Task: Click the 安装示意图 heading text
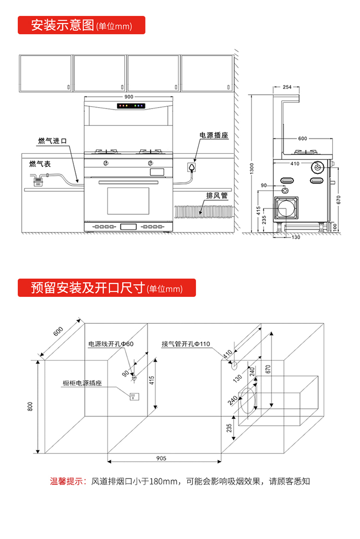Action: click(62, 25)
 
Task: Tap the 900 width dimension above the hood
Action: click(129, 97)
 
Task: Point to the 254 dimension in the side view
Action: click(287, 87)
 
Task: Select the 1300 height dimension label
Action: click(252, 169)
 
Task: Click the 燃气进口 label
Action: click(52, 141)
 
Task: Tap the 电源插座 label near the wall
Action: click(214, 136)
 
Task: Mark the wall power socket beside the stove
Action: click(192, 168)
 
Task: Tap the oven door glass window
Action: click(128, 201)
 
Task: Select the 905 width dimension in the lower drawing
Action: click(161, 458)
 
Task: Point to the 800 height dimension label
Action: click(30, 406)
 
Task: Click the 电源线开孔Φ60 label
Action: click(110, 344)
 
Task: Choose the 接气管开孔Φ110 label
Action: click(186, 344)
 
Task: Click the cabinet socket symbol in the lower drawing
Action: click(134, 396)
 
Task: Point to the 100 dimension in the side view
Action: click(335, 226)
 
